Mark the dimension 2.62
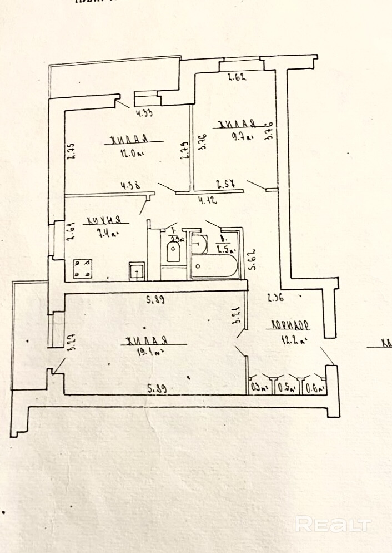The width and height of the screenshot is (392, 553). pyautogui.click(x=237, y=77)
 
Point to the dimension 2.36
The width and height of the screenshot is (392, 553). pyautogui.click(x=275, y=298)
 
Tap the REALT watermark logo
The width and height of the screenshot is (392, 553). pyautogui.click(x=333, y=524)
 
